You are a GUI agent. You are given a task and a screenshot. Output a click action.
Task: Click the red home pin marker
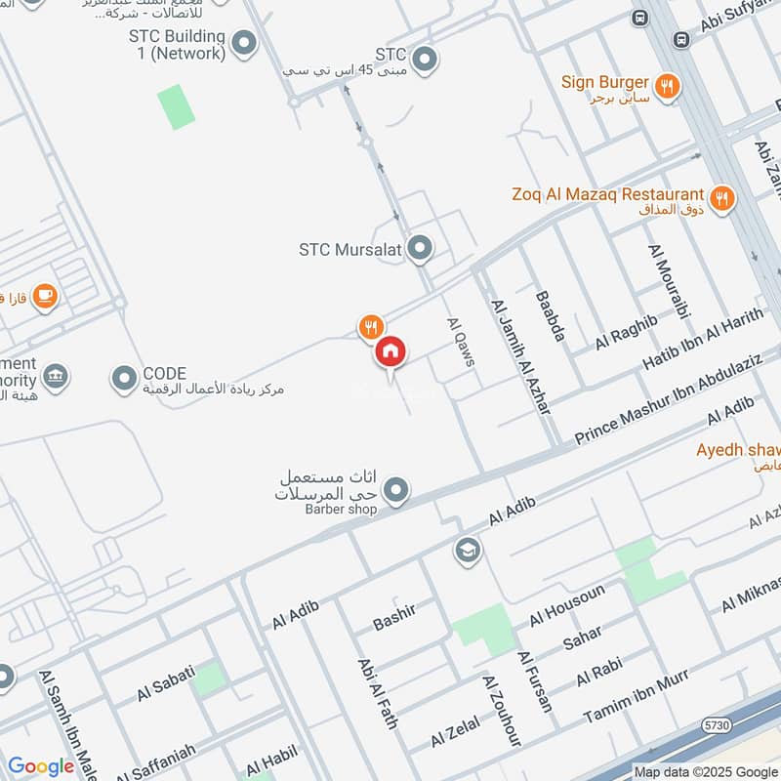pyautogui.click(x=390, y=352)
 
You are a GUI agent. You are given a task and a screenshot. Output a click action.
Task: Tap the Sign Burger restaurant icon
pyautogui.click(x=668, y=86)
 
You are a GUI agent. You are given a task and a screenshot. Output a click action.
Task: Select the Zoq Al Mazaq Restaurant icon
pyautogui.click(x=721, y=199)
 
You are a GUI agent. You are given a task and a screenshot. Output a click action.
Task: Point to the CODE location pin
pyautogui.click(x=124, y=378)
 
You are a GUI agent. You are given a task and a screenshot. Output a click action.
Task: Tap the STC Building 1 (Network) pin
pyautogui.click(x=245, y=43)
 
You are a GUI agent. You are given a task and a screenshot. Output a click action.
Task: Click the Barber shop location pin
pyautogui.click(x=395, y=491)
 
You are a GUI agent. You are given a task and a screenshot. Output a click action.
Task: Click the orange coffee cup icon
pyautogui.click(x=44, y=295)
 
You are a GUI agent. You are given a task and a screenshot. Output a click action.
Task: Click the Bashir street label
pyautogui.click(x=394, y=616)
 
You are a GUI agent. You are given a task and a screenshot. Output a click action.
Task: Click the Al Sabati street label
pyautogui.click(x=166, y=682)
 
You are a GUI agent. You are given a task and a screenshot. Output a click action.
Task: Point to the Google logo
pyautogui.click(x=41, y=766)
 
